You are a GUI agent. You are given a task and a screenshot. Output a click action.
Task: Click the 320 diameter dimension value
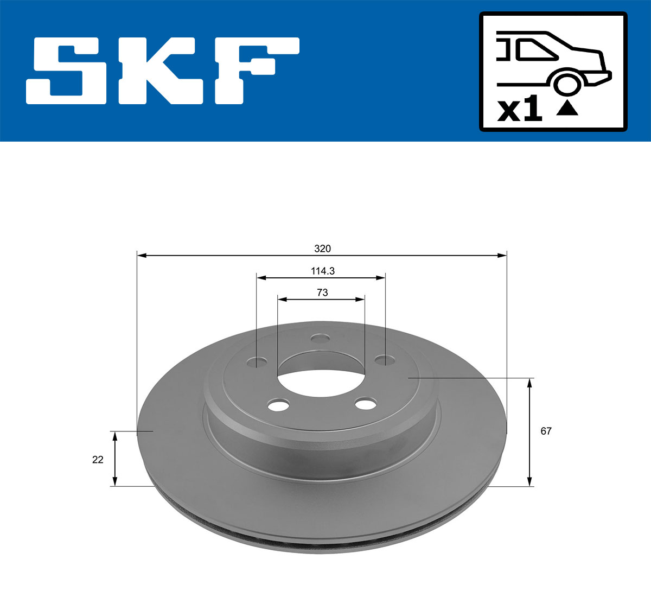[x=322, y=249]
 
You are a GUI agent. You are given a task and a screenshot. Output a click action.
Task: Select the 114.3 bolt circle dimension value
[x=322, y=271]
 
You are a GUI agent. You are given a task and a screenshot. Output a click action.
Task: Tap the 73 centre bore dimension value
[x=322, y=293]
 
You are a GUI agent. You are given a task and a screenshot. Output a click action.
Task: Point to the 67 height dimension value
[x=546, y=431]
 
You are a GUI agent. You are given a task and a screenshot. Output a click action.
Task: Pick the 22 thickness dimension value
[x=98, y=460]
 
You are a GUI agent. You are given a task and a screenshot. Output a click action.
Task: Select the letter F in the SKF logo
[x=255, y=71]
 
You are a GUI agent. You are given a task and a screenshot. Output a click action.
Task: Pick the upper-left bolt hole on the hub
[x=258, y=361]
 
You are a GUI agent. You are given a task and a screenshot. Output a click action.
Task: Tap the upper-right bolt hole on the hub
[x=385, y=360]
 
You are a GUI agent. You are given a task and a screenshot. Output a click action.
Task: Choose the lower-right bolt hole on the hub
[x=365, y=404]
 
